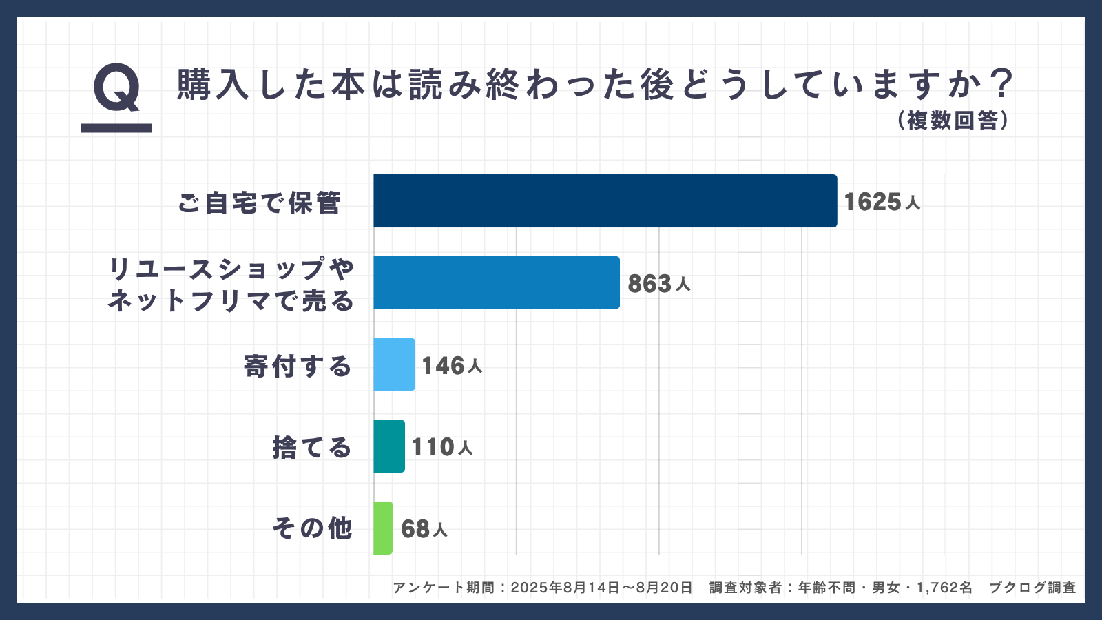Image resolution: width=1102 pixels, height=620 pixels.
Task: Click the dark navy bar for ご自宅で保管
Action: (605, 200)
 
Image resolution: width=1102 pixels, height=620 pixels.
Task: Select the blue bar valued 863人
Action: (497, 282)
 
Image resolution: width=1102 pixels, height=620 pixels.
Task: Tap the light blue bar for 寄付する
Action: (394, 364)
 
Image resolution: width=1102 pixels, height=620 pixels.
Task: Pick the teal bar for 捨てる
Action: (389, 446)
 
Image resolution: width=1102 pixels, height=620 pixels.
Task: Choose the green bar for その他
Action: (383, 528)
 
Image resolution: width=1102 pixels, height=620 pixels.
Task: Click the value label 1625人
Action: (882, 202)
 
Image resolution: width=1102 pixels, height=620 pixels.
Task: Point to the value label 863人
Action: (658, 283)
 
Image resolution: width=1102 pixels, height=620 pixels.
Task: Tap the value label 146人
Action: (452, 365)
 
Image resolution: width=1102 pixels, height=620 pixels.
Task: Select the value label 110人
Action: (442, 447)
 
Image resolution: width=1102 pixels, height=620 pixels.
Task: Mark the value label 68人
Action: (424, 528)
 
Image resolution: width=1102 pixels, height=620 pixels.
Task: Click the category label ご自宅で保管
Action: (259, 203)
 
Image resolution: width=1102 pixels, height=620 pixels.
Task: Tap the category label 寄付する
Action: (298, 366)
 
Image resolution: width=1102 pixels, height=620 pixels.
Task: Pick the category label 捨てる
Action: (312, 448)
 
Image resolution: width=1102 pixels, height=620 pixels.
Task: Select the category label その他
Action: (312, 528)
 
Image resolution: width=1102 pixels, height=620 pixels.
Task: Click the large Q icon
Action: (116, 90)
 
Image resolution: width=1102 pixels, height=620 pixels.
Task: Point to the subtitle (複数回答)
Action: (953, 121)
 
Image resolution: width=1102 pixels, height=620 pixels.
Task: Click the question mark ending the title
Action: (1003, 84)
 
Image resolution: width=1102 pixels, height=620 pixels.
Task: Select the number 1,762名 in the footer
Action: (944, 588)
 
